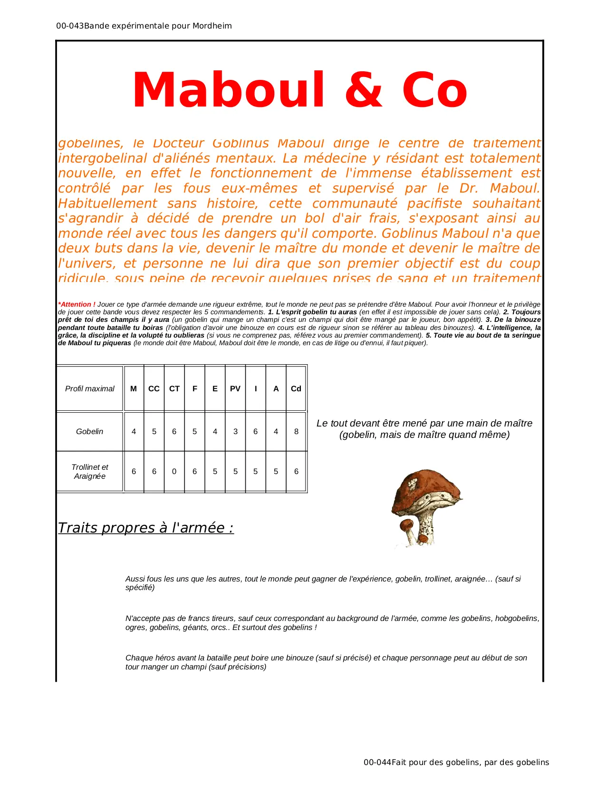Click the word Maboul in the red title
click(x=228, y=90)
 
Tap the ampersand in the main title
click(x=364, y=90)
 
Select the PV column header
click(x=235, y=388)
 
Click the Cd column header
click(x=296, y=388)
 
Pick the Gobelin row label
click(x=89, y=431)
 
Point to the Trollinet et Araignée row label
click(x=89, y=471)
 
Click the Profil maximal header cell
click(x=89, y=388)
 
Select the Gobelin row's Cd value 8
click(x=296, y=431)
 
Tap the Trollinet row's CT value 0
click(x=174, y=471)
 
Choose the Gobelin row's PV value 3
click(x=235, y=431)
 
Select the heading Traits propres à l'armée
click(x=145, y=528)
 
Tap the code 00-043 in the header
click(x=70, y=26)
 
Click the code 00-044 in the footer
click(x=377, y=762)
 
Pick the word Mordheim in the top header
click(x=212, y=26)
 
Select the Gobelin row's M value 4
click(x=134, y=431)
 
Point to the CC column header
click(x=154, y=388)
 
